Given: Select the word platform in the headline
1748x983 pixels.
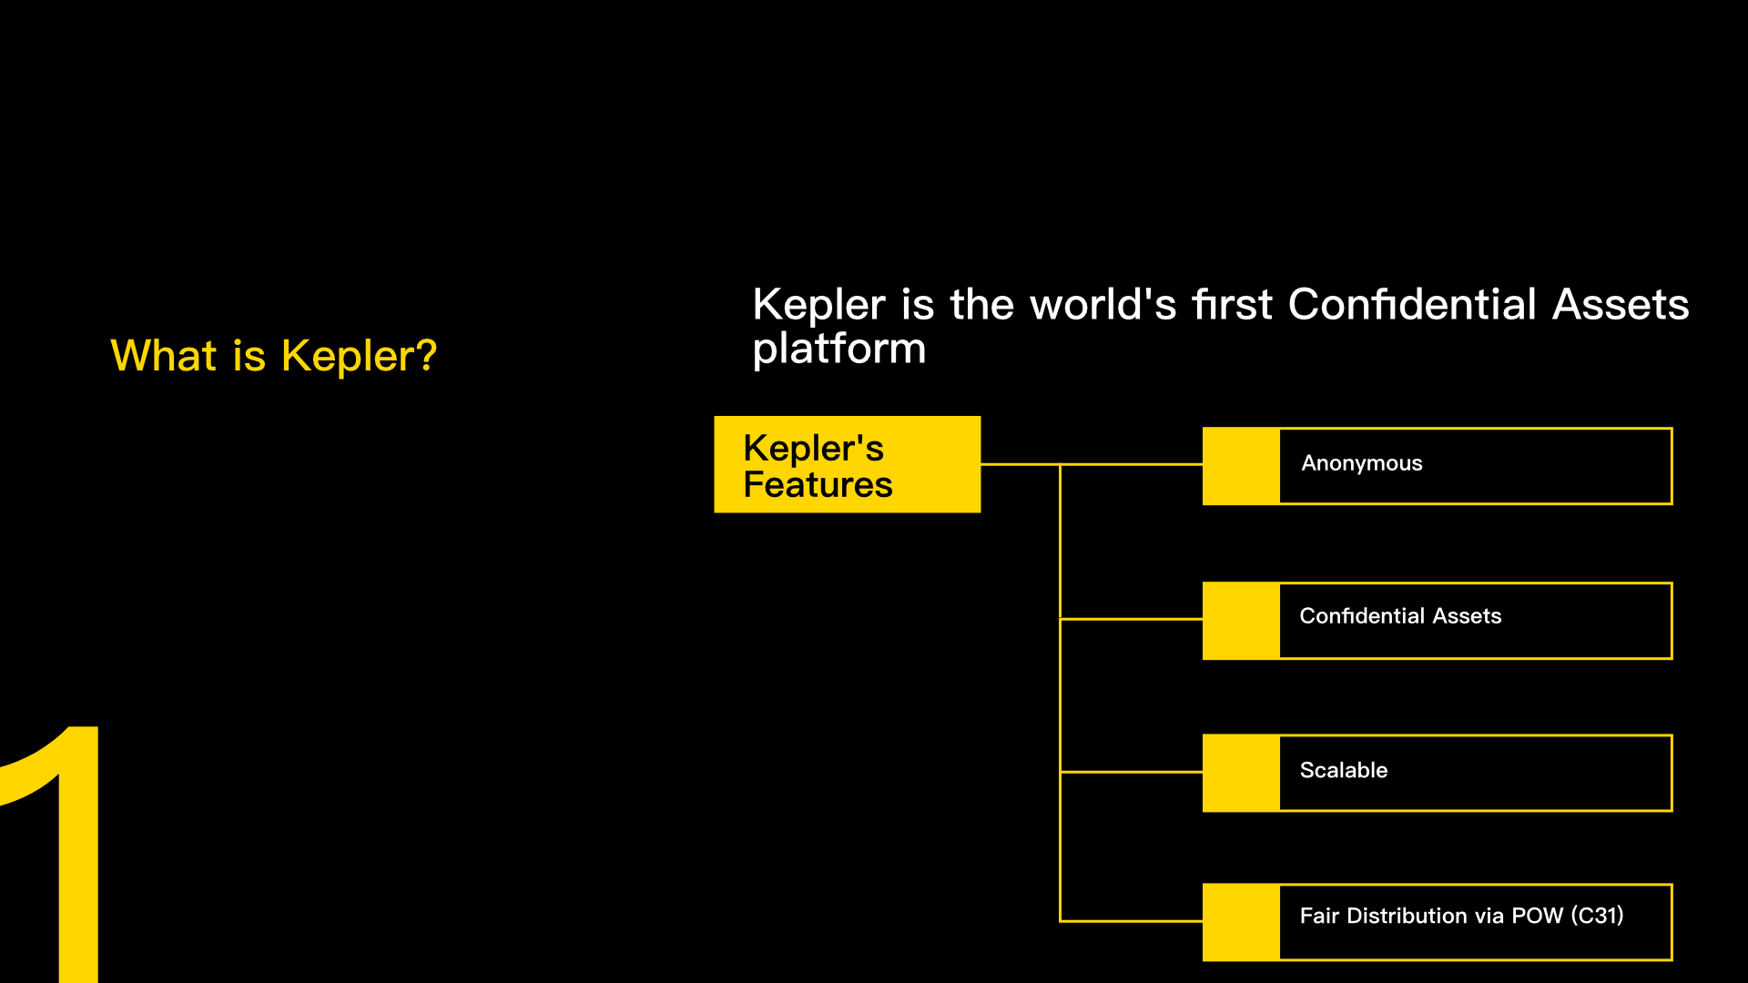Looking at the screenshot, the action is [839, 349].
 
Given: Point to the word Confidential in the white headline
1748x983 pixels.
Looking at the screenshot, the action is [1413, 304].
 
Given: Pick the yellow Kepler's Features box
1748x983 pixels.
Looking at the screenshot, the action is [848, 464].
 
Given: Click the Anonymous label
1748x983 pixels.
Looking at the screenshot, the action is [1362, 463].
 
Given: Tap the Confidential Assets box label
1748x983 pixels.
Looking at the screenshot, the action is [1400, 616].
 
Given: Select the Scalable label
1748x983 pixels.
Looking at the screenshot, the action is [1344, 770].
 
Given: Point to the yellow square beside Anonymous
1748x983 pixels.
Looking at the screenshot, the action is [1241, 466].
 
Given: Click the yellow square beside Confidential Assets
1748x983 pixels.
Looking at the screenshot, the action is [1241, 621].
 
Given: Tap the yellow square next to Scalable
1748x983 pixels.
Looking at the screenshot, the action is [1241, 773].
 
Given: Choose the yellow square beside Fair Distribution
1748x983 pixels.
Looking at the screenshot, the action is [1241, 922].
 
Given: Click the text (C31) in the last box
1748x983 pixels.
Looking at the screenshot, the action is [1598, 916].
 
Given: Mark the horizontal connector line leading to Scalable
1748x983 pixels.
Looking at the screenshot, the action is [1132, 772].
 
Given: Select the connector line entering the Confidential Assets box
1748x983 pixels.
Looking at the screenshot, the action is [1132, 619].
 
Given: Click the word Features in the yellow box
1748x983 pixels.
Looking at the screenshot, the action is [818, 485].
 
